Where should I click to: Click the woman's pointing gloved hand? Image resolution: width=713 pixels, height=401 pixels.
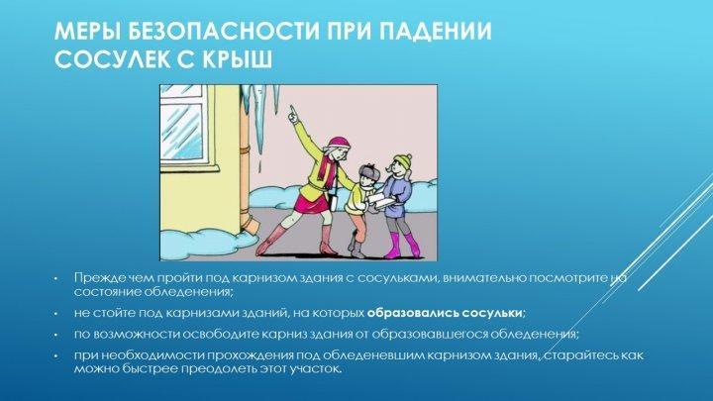pos(293,114)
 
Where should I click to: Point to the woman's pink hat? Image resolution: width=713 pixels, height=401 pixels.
pos(339,144)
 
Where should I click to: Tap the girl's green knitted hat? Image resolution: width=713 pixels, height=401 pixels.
pos(403,160)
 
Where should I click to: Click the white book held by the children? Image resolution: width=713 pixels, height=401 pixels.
pos(380,201)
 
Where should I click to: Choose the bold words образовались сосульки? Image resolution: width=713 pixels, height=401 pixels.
pos(445,313)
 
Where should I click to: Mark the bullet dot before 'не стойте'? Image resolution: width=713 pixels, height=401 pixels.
pos(55,314)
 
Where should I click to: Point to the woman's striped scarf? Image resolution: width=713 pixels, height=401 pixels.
pos(324,169)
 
